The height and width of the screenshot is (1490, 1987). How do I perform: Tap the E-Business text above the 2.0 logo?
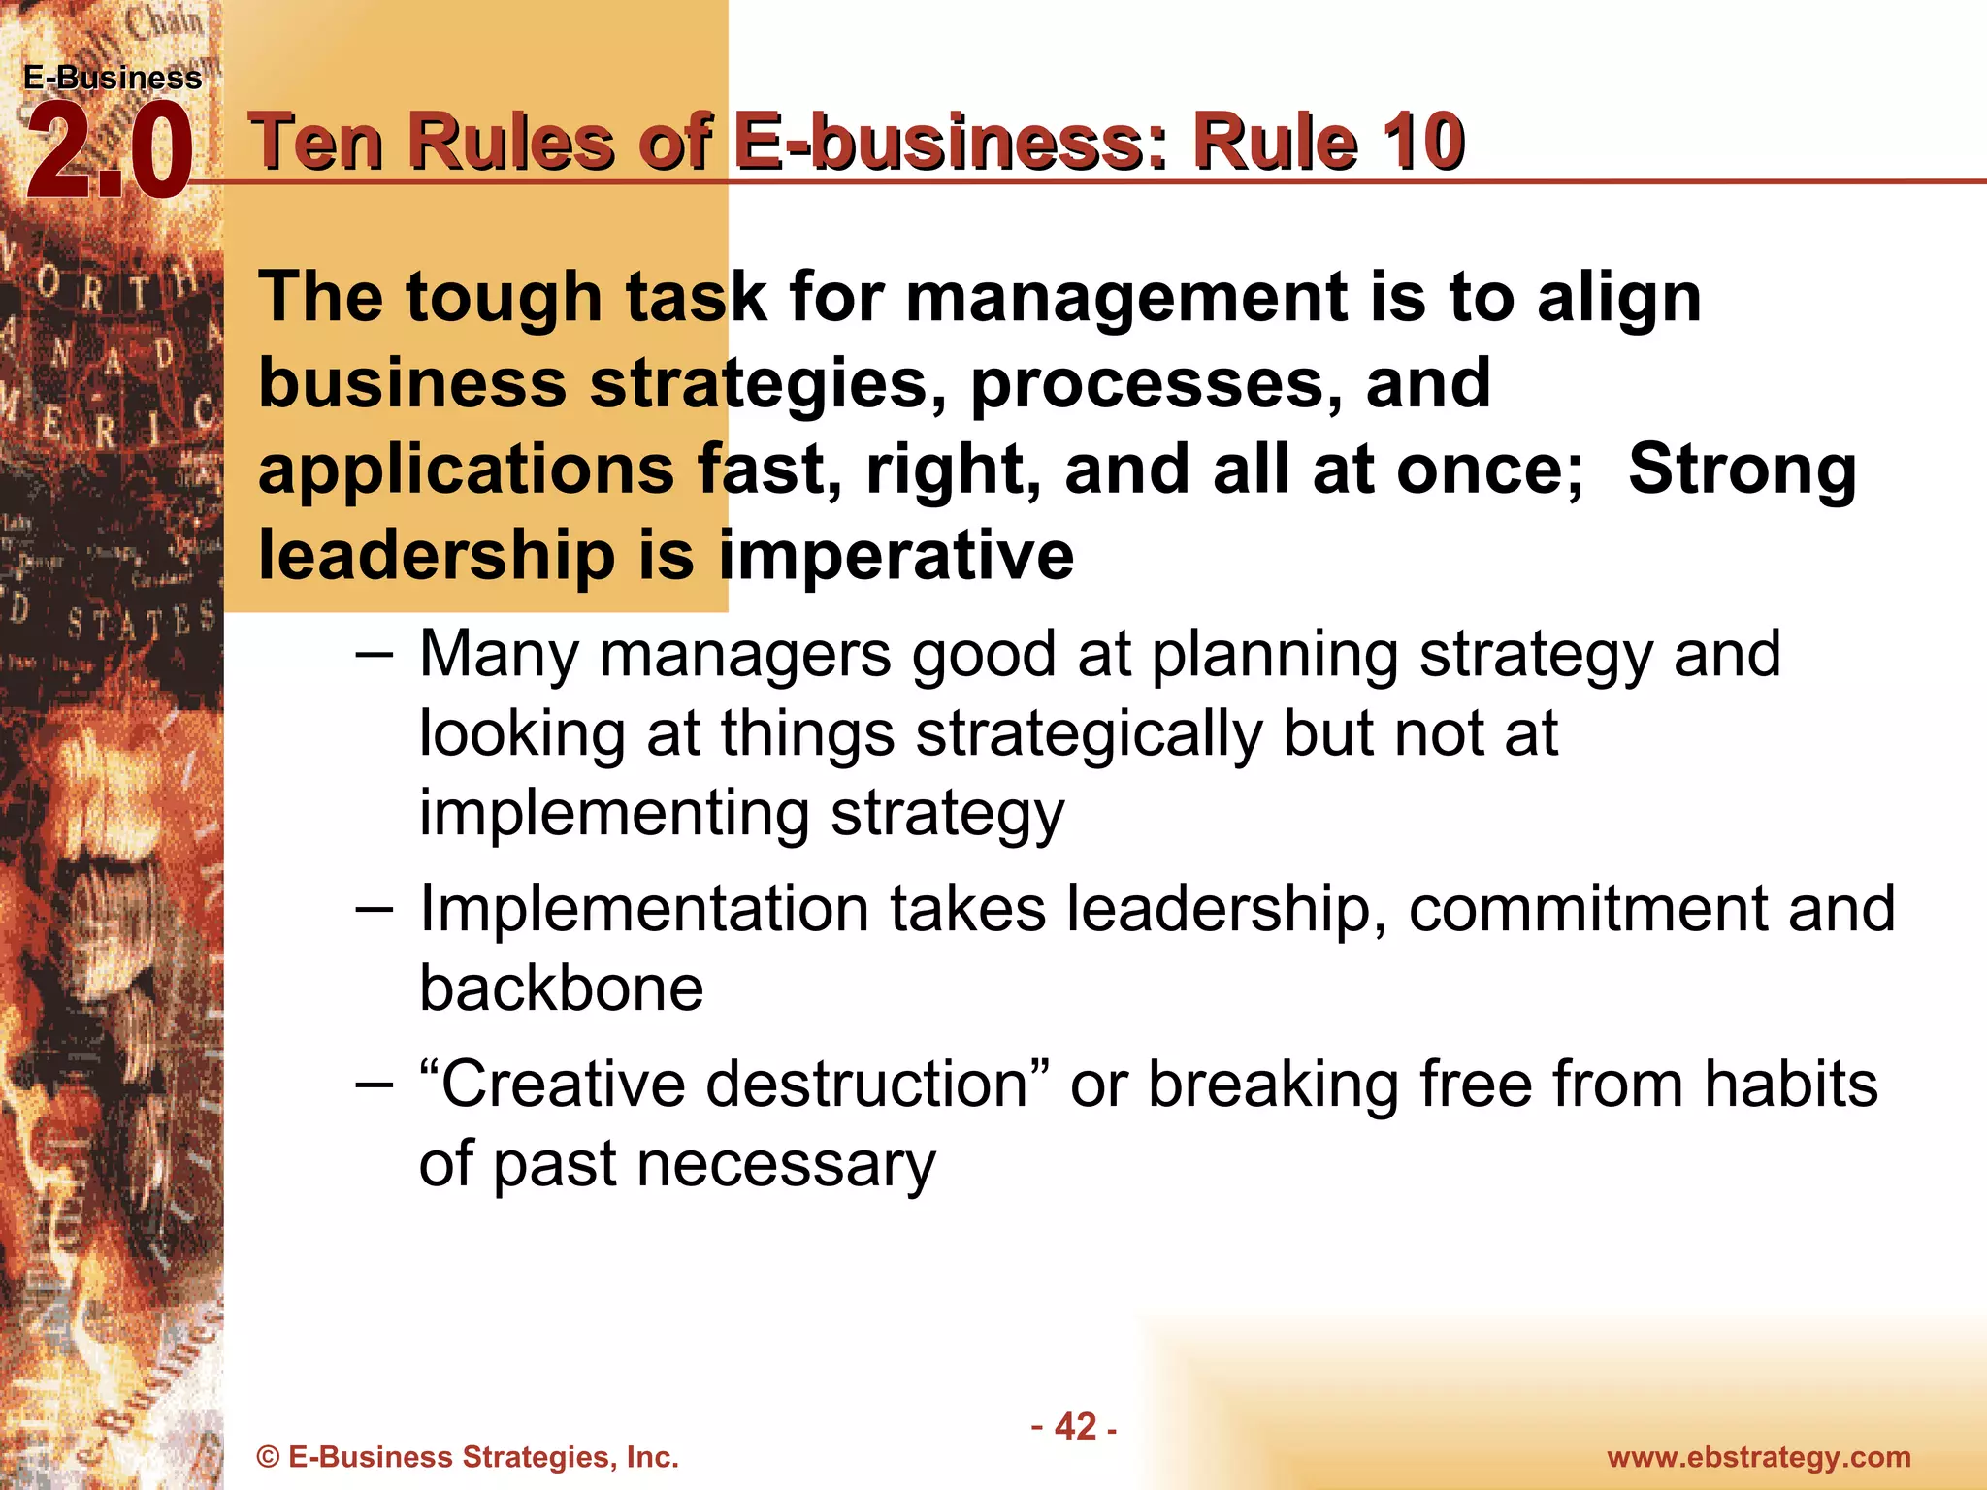pyautogui.click(x=113, y=78)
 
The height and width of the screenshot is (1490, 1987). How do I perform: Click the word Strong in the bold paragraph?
pyautogui.click(x=1742, y=469)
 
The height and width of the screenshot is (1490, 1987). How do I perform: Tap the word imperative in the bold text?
pyautogui.click(x=896, y=555)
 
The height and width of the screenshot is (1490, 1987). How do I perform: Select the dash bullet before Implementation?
pyautogui.click(x=374, y=909)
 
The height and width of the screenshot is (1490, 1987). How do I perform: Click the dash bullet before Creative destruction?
pyautogui.click(x=374, y=1084)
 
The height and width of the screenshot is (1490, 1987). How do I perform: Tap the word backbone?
pyautogui.click(x=561, y=988)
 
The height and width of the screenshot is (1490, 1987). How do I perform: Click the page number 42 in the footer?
pyautogui.click(x=1075, y=1426)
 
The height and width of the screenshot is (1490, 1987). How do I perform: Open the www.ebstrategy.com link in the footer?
pyautogui.click(x=1758, y=1457)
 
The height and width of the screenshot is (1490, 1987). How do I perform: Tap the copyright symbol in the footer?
pyautogui.click(x=268, y=1457)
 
